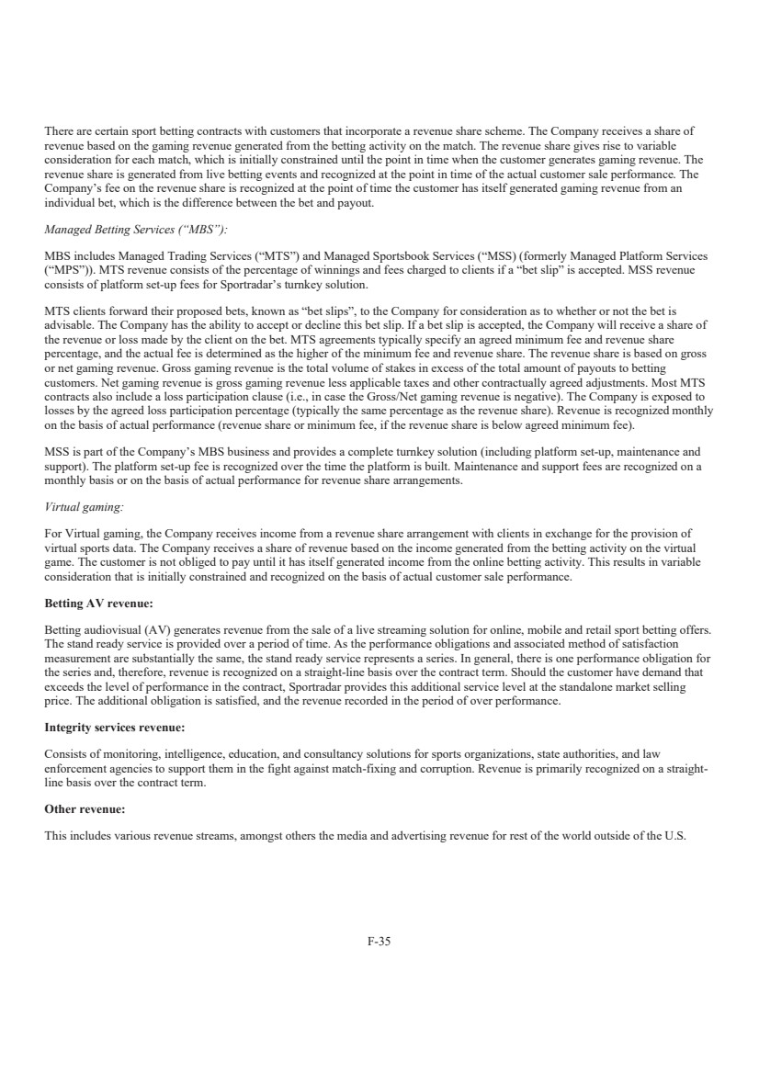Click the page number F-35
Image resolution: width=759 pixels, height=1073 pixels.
(379, 940)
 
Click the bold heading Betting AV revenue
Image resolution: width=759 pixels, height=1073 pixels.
(98, 604)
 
